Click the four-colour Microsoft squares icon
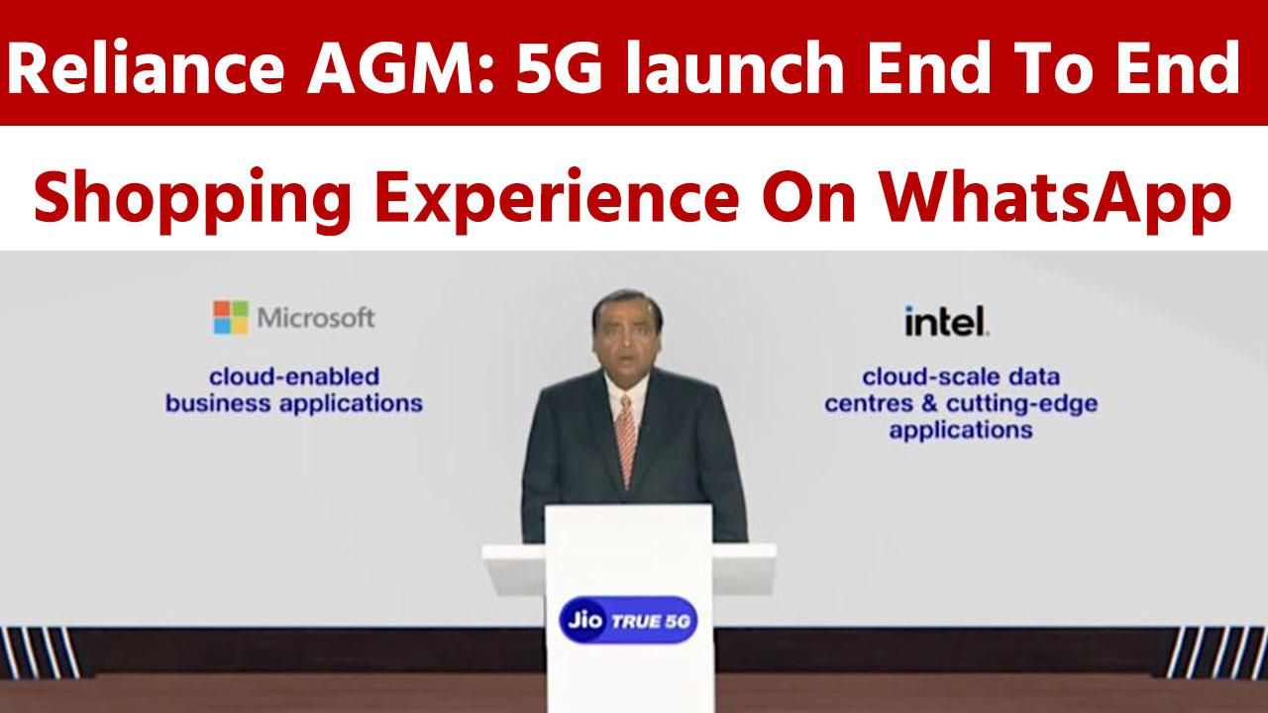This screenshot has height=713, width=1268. tap(231, 318)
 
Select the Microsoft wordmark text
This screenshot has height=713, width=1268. tap(316, 319)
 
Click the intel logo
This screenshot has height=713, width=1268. tap(946, 321)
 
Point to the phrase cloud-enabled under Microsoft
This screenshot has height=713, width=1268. tap(294, 377)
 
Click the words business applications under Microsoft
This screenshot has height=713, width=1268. tap(294, 404)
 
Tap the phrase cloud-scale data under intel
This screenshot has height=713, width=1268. tap(961, 377)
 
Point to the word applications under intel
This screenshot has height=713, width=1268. tap(961, 431)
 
